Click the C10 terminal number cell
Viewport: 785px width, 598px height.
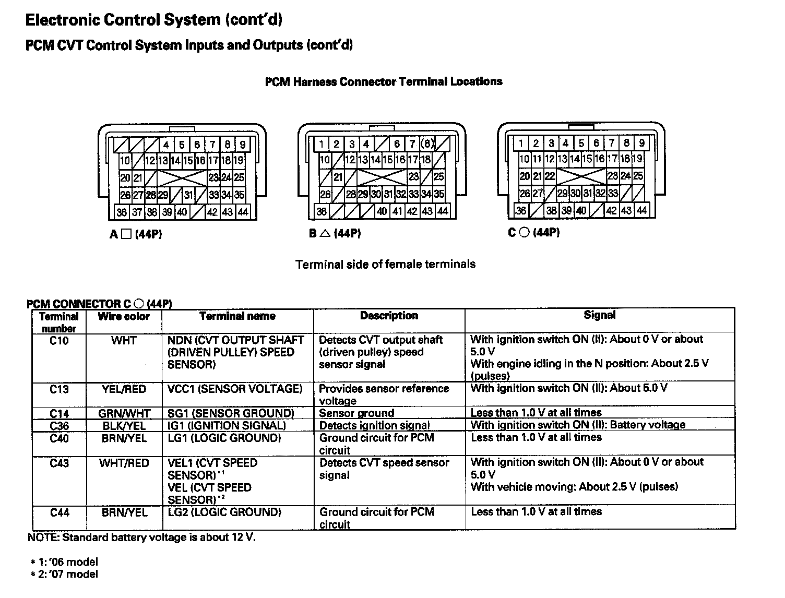pos(59,341)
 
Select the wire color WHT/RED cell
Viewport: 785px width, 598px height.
pos(124,463)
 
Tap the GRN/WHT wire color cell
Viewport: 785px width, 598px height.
pos(124,413)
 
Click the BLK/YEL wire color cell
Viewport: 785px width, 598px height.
pos(124,426)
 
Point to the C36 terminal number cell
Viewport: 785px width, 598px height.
pos(59,426)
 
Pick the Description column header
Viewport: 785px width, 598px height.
pos(389,316)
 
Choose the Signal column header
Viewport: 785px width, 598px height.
pos(599,315)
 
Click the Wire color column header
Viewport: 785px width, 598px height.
pos(124,316)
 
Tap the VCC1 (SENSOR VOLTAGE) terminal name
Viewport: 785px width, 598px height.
pos(235,389)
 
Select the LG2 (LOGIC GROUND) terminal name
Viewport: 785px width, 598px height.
pos(224,512)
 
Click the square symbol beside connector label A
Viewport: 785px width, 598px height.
pos(126,235)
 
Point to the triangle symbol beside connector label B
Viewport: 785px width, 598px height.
pos(325,234)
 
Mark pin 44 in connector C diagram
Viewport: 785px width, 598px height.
pos(641,210)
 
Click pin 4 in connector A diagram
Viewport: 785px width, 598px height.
pos(166,145)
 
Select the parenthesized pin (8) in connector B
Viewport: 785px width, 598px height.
pos(427,143)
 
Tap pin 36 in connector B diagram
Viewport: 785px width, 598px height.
pos(322,211)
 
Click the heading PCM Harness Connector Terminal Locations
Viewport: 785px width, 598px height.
pos(384,81)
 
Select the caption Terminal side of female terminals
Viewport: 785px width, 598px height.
pos(385,264)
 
